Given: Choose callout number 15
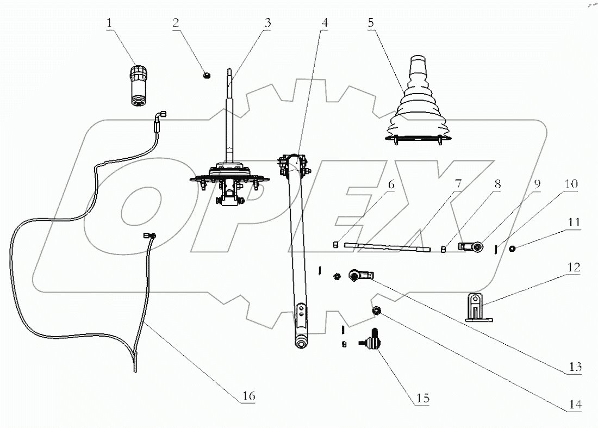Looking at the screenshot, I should [422, 398].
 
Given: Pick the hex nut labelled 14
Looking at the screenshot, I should [376, 311].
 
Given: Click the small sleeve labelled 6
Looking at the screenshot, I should [336, 244].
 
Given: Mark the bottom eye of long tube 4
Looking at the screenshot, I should [300, 343].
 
